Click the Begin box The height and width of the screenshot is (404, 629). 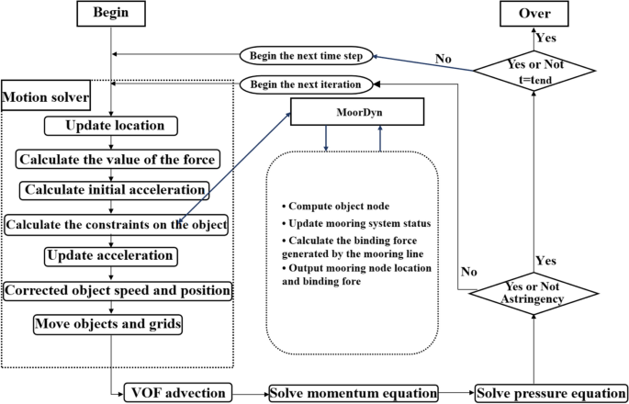[x=112, y=13]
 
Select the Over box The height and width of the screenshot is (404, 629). [x=535, y=13]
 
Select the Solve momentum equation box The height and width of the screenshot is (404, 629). [x=354, y=394]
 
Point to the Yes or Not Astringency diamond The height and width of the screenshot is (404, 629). [x=535, y=293]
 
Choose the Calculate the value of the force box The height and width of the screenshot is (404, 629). [x=118, y=159]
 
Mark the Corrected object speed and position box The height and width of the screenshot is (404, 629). [x=117, y=291]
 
